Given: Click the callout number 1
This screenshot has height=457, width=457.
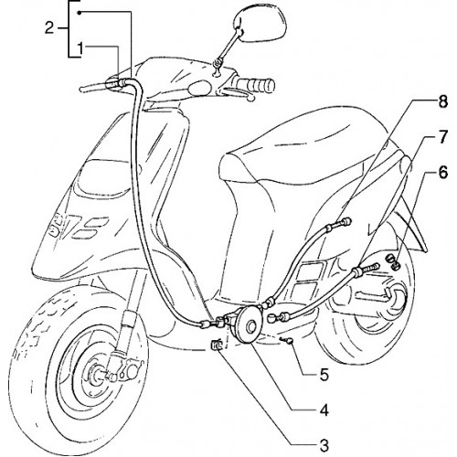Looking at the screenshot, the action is pyautogui.click(x=80, y=49).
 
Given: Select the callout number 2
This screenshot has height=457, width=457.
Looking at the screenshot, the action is pyautogui.click(x=49, y=28).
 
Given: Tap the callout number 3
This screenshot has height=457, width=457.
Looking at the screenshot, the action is pyautogui.click(x=324, y=446).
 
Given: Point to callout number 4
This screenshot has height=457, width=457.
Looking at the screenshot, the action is pyautogui.click(x=324, y=410).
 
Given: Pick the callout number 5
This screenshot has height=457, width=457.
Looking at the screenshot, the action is pyautogui.click(x=324, y=375).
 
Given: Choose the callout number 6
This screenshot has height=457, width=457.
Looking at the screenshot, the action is pyautogui.click(x=442, y=172).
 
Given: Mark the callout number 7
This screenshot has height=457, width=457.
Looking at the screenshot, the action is pyautogui.click(x=442, y=137).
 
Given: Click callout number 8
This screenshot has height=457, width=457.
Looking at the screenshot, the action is pyautogui.click(x=442, y=101).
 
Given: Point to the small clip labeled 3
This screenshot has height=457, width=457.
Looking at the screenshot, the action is pyautogui.click(x=218, y=345).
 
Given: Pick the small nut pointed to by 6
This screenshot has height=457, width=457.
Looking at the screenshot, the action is pyautogui.click(x=393, y=261).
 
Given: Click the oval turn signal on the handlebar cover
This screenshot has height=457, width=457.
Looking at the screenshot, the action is pyautogui.click(x=199, y=88).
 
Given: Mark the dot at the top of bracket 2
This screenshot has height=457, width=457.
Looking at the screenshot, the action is pyautogui.click(x=80, y=13).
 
